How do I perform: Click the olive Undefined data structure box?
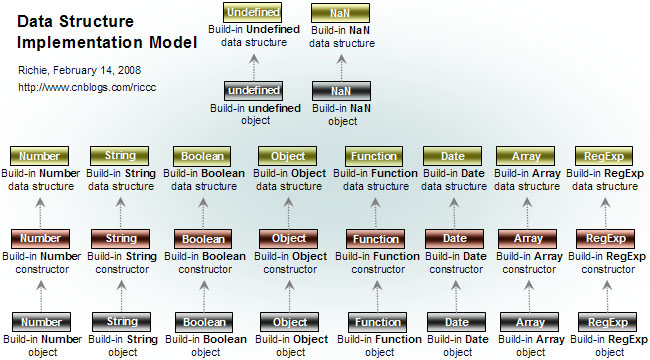click(252, 12)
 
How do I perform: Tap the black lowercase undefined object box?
click(252, 90)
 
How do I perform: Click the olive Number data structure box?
click(40, 156)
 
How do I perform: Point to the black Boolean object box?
click(204, 323)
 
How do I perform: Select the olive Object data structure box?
click(289, 156)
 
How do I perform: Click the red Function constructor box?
click(376, 239)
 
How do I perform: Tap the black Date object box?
click(455, 322)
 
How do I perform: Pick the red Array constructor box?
click(527, 239)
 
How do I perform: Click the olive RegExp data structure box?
click(605, 156)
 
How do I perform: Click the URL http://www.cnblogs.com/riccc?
click(88, 88)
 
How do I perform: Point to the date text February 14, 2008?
click(103, 70)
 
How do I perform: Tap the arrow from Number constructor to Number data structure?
click(40, 207)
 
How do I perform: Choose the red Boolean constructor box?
click(204, 239)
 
